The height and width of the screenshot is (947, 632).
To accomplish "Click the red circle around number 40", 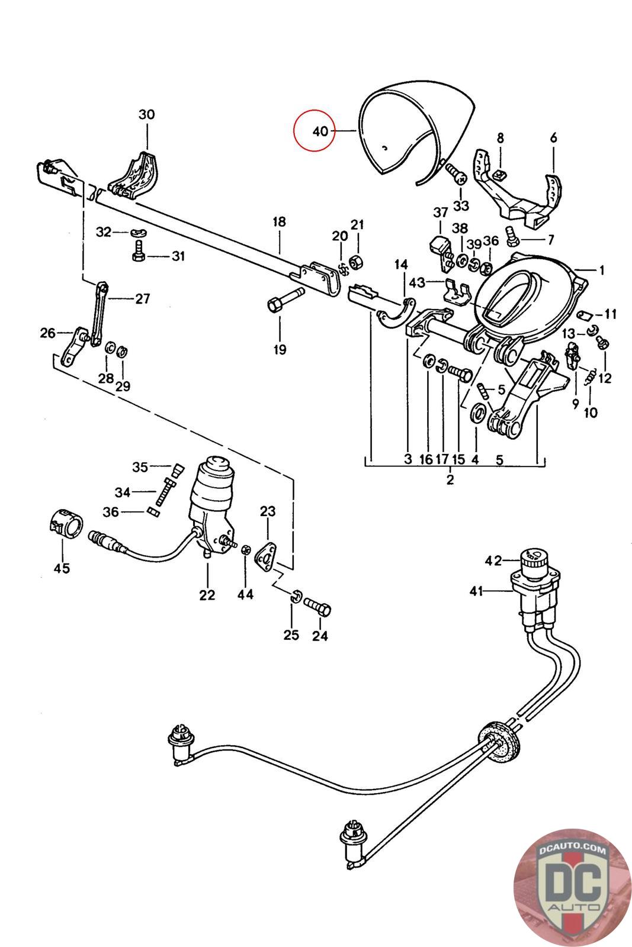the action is [315, 130].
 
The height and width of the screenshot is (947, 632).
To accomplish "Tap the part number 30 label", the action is [147, 114].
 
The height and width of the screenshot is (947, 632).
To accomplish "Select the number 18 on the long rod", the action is [279, 222].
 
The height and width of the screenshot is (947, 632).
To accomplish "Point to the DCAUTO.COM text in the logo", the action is [572, 848].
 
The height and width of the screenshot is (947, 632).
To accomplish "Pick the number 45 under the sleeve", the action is [62, 568].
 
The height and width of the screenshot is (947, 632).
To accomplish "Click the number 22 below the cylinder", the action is [207, 595].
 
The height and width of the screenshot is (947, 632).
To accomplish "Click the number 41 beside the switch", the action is [476, 591].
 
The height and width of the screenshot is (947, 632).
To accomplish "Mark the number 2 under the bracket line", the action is [450, 479].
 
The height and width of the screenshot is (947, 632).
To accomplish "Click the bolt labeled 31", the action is [139, 251].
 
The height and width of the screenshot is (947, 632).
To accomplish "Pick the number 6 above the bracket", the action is [554, 138].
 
